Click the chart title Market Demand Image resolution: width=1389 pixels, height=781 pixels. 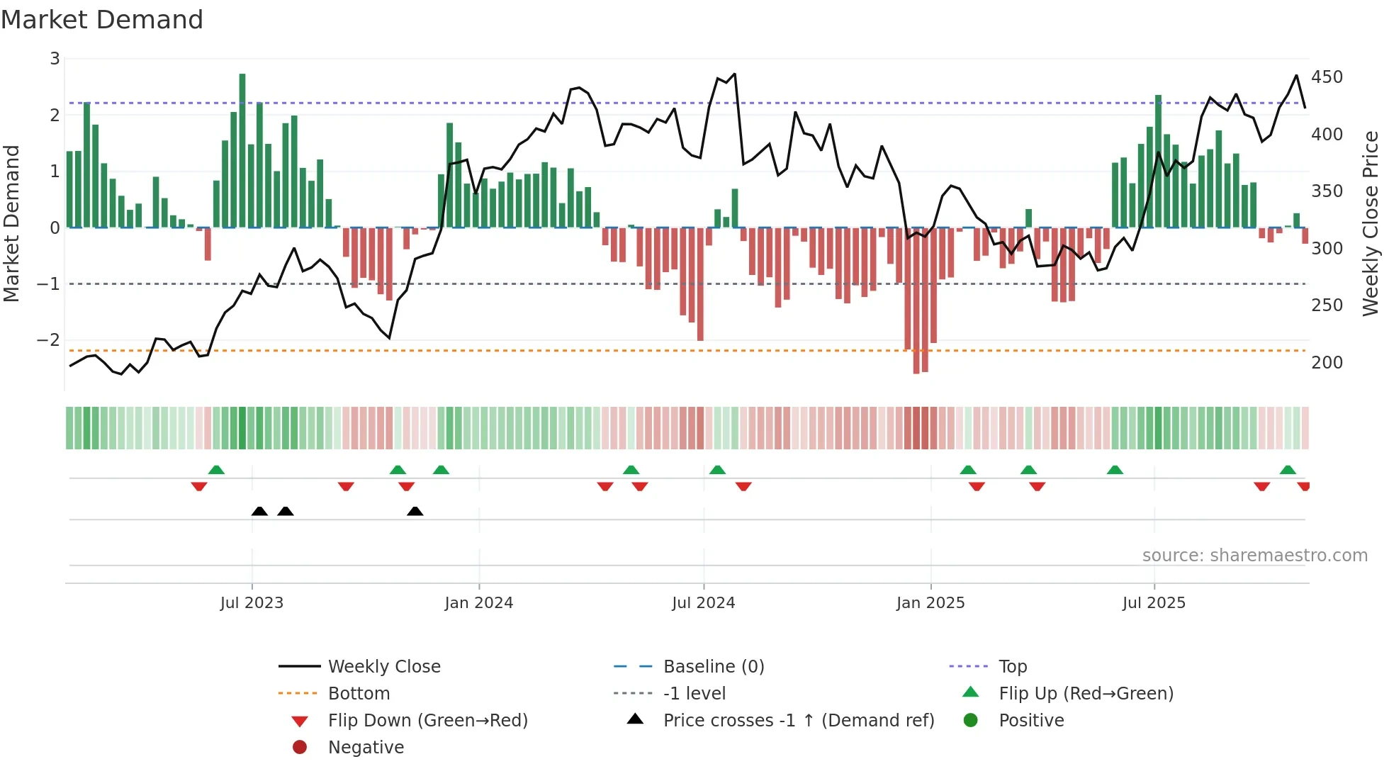click(x=102, y=20)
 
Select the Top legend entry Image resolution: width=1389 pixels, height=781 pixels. click(x=1012, y=666)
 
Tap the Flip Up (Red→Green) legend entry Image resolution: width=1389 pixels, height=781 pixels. click(x=1086, y=693)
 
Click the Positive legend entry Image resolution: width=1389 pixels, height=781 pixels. click(x=1030, y=720)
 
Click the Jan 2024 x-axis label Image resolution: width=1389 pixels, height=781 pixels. click(x=478, y=603)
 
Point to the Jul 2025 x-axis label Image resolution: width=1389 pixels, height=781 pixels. click(x=1153, y=603)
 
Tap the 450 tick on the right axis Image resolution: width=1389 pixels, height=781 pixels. click(x=1327, y=77)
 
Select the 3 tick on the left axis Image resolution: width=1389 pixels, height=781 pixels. click(x=55, y=59)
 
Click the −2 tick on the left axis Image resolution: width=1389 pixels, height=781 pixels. click(x=48, y=340)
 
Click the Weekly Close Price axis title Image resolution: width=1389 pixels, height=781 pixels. click(x=1371, y=223)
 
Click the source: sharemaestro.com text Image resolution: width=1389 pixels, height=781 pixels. click(x=1254, y=556)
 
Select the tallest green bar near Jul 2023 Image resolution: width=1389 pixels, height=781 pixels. click(x=242, y=149)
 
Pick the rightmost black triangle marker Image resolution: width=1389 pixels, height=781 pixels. click(x=415, y=511)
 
